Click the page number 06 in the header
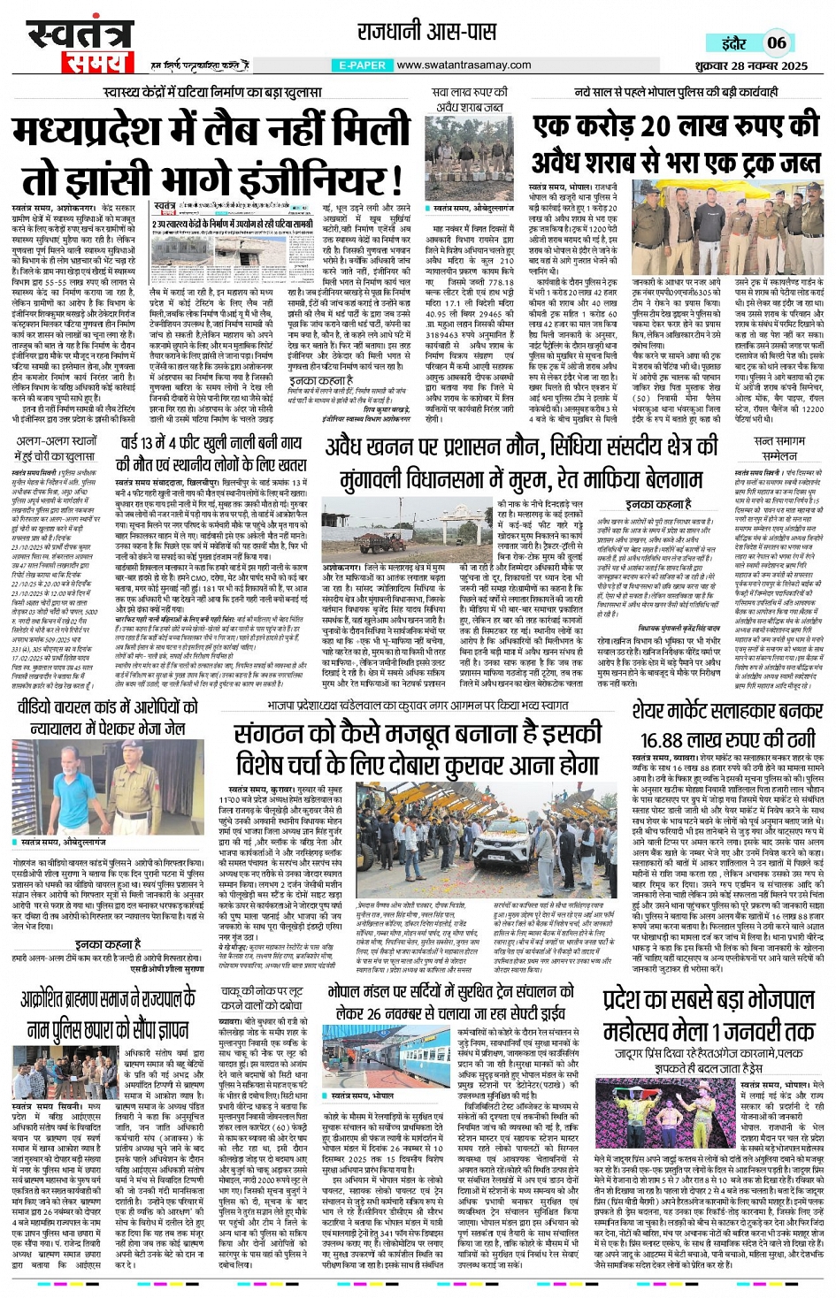(x=777, y=42)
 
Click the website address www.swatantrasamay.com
(x=464, y=65)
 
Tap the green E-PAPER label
(x=363, y=65)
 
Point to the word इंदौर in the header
(x=734, y=43)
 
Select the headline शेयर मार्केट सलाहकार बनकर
(x=727, y=711)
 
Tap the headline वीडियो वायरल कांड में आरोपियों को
(x=106, y=717)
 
